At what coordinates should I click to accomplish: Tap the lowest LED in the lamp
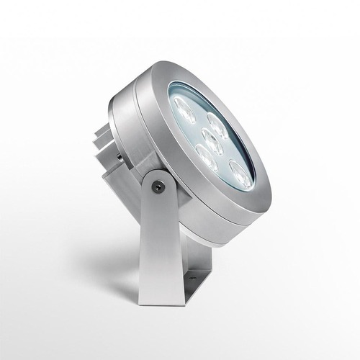click(240, 174)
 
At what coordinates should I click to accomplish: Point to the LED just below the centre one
click(207, 158)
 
